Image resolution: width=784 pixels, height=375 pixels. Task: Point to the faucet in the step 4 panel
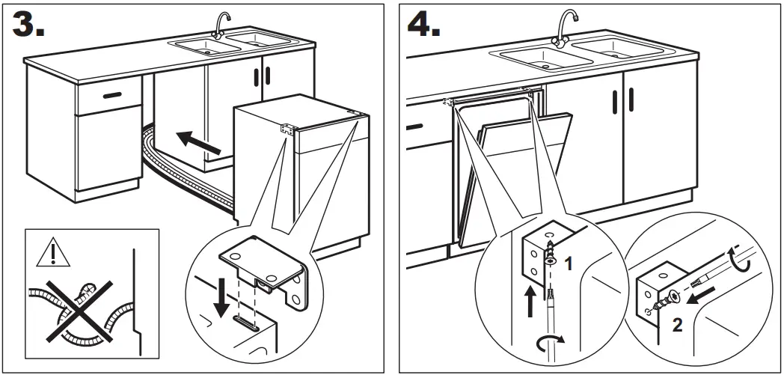click(x=563, y=26)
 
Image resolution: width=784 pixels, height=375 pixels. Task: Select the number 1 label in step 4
click(x=568, y=263)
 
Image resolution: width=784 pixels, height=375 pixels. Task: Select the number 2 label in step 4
click(x=676, y=324)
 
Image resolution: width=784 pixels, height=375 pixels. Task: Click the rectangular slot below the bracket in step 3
click(x=246, y=322)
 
